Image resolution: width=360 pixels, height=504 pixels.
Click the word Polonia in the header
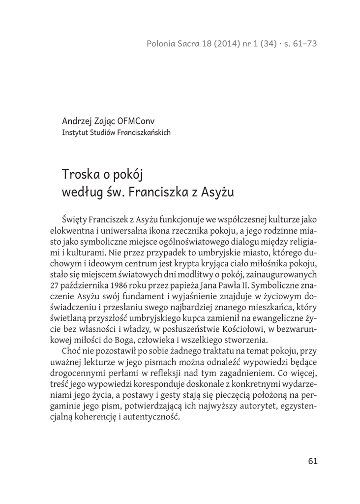click(160, 44)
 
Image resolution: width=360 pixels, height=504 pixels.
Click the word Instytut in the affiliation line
click(74, 132)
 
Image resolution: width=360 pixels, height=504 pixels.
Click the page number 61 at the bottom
click(312, 461)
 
